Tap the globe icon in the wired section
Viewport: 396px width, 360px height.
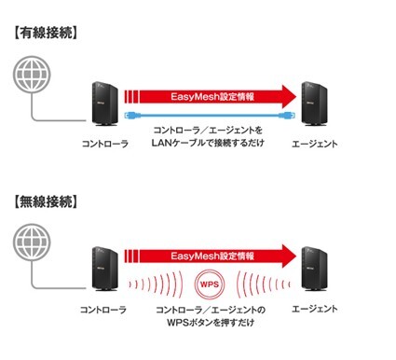tap(34, 74)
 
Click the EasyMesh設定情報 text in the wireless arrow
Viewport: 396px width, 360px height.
tap(212, 256)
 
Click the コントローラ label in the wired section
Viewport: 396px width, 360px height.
tap(103, 145)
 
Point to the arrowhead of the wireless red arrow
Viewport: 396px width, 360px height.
tap(286, 256)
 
